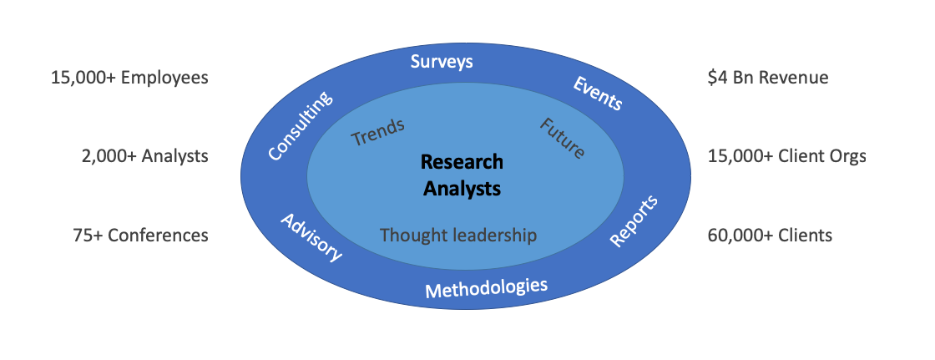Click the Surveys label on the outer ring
click(x=442, y=62)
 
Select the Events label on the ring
click(x=598, y=94)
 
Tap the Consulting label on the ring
click(x=300, y=126)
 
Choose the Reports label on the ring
click(x=634, y=221)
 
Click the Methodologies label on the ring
click(x=486, y=288)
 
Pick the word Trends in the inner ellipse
click(x=378, y=132)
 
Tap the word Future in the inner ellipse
click(x=562, y=139)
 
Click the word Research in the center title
click(x=462, y=162)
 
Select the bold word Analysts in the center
click(x=462, y=189)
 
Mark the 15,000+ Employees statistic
click(x=130, y=79)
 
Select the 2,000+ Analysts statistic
click(x=145, y=156)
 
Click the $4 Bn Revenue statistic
click(x=768, y=79)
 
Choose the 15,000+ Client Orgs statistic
click(x=787, y=156)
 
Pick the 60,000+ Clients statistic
click(x=771, y=236)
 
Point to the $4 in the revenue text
click(x=717, y=79)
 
